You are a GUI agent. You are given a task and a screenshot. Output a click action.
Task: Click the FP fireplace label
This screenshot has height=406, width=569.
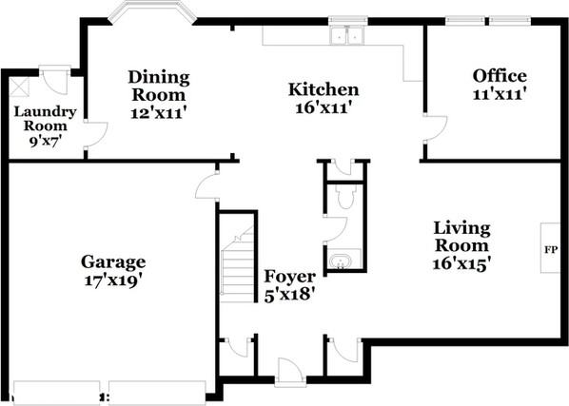551,250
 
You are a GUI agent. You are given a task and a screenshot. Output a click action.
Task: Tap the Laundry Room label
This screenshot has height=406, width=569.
45,119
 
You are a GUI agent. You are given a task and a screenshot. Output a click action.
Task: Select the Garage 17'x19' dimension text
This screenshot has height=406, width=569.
113,280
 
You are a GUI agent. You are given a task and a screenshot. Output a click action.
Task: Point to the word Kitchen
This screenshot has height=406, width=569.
324,89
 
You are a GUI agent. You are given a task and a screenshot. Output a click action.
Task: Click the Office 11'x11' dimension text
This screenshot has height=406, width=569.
500,94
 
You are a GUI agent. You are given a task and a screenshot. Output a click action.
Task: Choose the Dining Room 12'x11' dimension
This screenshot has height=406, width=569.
159,113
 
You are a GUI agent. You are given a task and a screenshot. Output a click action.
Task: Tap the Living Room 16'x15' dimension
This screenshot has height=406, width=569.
461,264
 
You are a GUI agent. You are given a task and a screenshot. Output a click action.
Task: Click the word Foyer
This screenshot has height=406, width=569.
289,277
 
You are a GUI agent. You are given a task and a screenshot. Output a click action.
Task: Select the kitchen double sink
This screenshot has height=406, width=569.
347,35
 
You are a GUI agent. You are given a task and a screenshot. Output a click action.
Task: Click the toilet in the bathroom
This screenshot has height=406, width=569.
344,197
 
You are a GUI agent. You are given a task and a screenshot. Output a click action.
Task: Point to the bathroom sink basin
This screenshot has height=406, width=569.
340,261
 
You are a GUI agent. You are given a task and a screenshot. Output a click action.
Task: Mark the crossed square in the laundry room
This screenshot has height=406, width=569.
19,87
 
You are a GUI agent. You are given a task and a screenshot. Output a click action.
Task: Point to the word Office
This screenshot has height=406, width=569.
500,76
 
